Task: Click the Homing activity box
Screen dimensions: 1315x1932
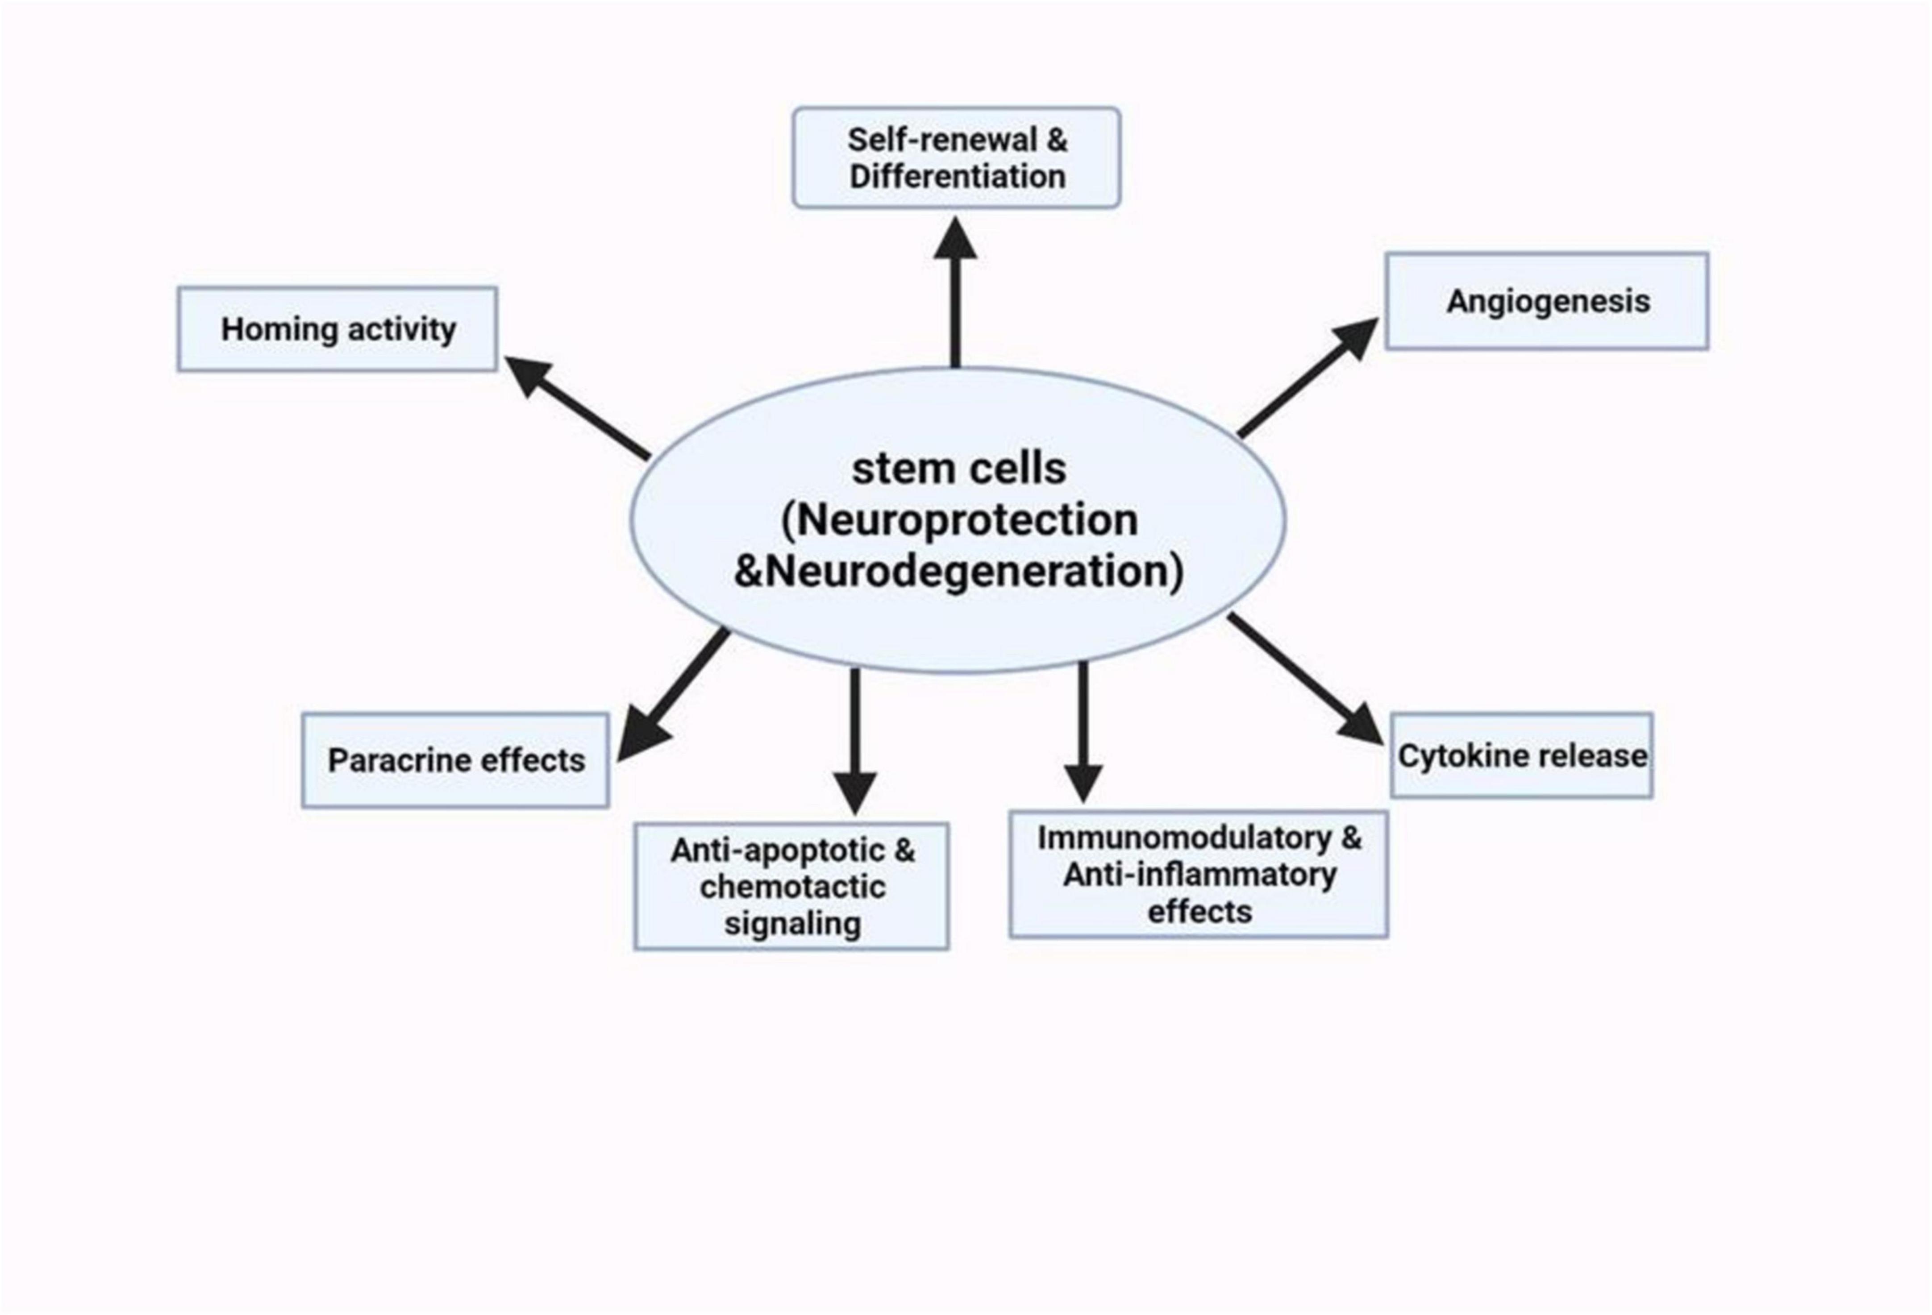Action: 337,329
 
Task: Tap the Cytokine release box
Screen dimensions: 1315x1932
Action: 1521,755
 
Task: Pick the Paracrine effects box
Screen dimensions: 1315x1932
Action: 456,760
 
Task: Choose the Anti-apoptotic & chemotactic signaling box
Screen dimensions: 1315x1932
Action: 791,886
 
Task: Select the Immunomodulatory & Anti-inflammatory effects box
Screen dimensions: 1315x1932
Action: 1199,875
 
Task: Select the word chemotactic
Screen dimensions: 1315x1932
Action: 792,887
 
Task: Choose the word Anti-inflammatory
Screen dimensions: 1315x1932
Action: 1199,875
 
